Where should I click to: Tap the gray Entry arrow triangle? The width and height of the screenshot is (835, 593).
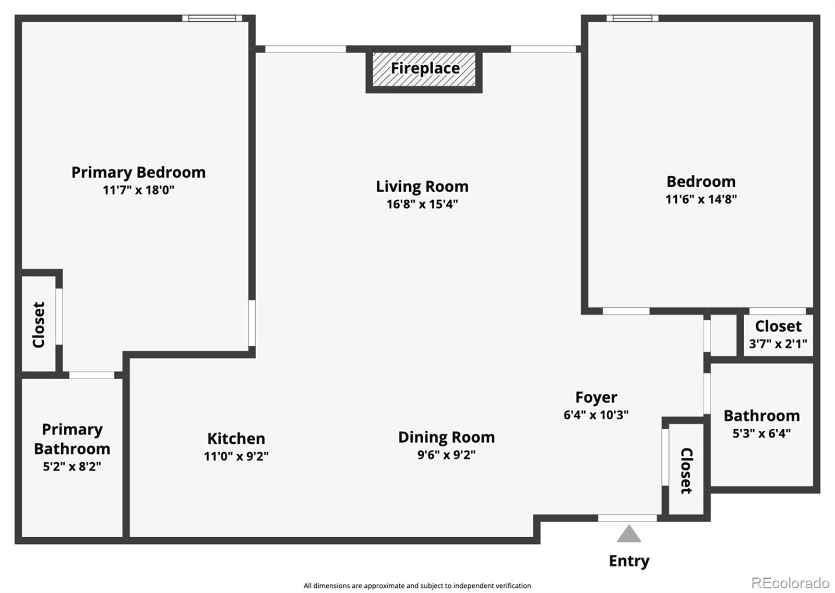(629, 535)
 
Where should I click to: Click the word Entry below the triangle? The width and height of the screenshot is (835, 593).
(629, 561)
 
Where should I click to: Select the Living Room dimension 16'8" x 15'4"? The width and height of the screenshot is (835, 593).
(422, 204)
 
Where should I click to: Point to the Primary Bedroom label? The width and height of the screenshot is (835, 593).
(138, 172)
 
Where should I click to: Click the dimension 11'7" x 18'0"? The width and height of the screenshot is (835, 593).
(138, 190)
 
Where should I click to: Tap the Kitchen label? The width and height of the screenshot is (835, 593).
(236, 438)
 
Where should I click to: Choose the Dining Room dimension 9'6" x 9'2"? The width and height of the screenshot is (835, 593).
(446, 455)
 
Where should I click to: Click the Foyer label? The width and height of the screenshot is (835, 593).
(596, 397)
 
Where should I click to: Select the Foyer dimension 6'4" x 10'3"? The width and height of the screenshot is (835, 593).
(596, 415)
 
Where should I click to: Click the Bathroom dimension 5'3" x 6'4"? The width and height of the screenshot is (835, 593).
(761, 433)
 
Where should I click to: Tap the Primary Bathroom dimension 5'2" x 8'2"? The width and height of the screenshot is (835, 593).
(72, 466)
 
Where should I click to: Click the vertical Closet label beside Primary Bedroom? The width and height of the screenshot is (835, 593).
(39, 324)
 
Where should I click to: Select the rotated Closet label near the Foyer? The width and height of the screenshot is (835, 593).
(686, 470)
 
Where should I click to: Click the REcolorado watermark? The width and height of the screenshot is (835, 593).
(790, 583)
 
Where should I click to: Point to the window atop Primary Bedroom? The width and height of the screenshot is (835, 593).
(212, 18)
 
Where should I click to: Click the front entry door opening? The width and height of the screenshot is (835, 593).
(627, 518)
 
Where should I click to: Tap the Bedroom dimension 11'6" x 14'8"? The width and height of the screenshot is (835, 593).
(701, 199)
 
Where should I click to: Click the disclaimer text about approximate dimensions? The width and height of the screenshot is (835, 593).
(417, 586)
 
